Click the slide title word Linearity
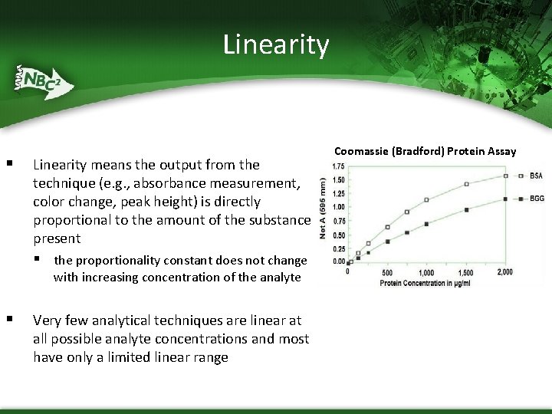tap(276, 44)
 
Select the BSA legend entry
tap(536, 176)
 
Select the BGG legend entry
tap(536, 199)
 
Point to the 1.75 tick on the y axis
tap(337, 166)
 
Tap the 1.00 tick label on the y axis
tap(337, 207)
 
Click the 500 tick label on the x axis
tap(387, 273)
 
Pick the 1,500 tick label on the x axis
tap(465, 273)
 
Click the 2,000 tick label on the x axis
tap(505, 273)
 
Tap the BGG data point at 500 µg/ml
tap(388, 242)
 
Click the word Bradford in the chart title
tap(417, 151)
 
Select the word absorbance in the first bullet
tap(207, 183)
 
